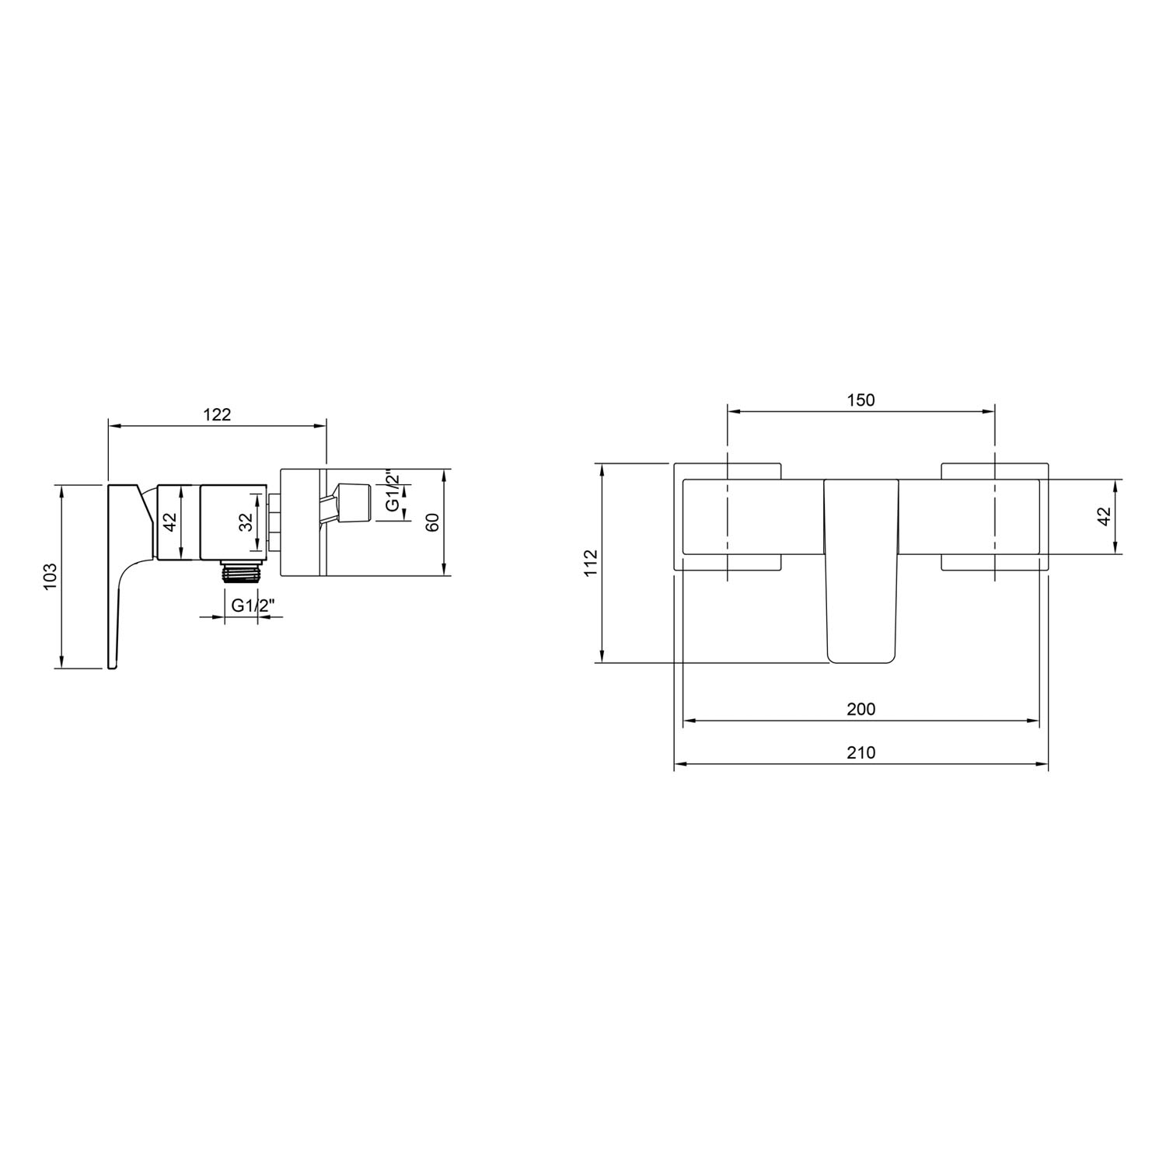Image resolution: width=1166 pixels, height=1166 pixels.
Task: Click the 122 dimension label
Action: tap(218, 414)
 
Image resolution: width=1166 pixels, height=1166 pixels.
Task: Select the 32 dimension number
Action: tap(246, 522)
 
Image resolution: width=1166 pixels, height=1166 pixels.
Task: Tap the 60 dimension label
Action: tap(433, 522)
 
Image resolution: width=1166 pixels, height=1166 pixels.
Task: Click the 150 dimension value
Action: tap(861, 400)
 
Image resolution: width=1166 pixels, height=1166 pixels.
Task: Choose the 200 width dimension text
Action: tap(861, 708)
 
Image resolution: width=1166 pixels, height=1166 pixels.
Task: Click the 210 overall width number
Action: tap(861, 752)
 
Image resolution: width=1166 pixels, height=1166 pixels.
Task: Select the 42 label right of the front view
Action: tap(1105, 517)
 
